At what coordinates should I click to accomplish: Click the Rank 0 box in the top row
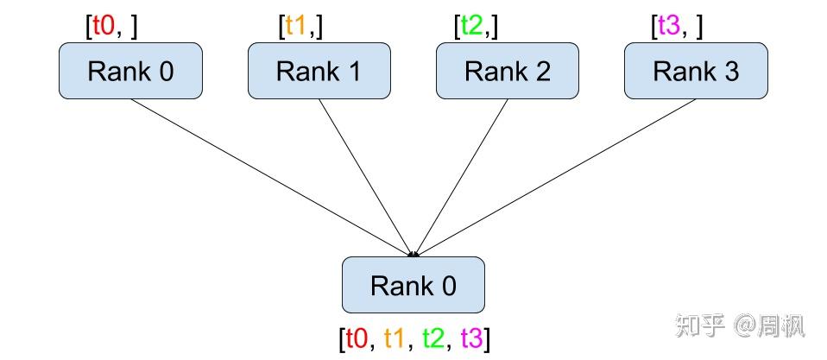[130, 71]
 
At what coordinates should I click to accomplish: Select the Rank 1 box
[319, 71]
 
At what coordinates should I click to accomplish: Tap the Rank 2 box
[508, 71]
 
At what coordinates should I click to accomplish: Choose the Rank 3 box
[696, 71]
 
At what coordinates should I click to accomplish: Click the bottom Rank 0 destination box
[413, 285]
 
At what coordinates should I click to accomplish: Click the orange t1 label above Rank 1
[296, 27]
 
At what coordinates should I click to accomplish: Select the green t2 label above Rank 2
[471, 27]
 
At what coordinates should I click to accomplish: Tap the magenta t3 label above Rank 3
[669, 27]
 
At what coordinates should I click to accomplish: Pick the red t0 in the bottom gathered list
[357, 338]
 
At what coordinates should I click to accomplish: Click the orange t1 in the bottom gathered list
[395, 338]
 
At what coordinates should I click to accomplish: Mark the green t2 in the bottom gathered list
[434, 338]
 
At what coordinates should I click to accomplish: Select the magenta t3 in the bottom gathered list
[472, 338]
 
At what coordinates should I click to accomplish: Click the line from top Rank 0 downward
[268, 175]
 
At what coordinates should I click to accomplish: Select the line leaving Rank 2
[461, 175]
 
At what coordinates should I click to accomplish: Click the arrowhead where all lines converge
[414, 254]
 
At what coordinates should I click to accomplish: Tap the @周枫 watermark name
[770, 326]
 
